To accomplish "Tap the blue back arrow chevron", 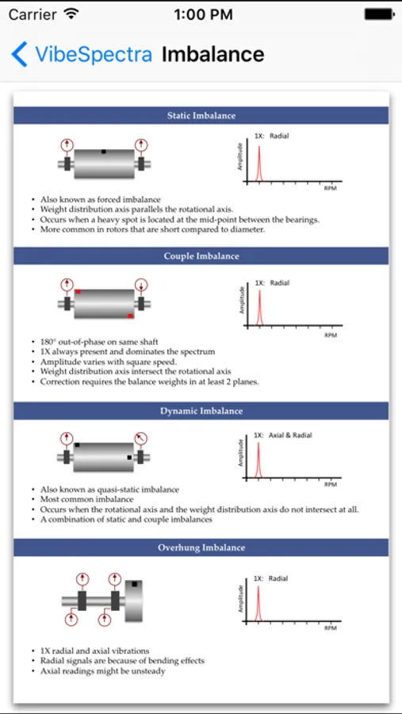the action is (x=19, y=54).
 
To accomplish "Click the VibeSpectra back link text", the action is (x=94, y=54).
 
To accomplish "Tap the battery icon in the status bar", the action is (x=379, y=14).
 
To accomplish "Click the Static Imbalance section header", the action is (x=201, y=116).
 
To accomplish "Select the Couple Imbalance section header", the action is (x=201, y=256).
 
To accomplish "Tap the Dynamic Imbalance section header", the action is (x=201, y=411).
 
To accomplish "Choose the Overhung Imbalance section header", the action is (x=201, y=547).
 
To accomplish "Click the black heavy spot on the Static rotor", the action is (x=104, y=152).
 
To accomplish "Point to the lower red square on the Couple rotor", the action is (x=130, y=316).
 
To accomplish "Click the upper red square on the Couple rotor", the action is (x=78, y=291).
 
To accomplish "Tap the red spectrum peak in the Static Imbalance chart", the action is (x=259, y=163).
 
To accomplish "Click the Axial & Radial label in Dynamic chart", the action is (x=290, y=435).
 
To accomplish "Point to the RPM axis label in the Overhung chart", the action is (x=330, y=628).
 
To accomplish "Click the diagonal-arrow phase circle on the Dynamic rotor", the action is (x=141, y=439).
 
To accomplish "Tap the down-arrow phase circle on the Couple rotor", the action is (x=141, y=285).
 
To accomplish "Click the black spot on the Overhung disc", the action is (x=134, y=584).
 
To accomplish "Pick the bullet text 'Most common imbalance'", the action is (x=80, y=500).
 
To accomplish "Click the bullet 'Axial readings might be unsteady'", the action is (x=102, y=670).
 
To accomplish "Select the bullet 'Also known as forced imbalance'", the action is (x=101, y=199).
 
